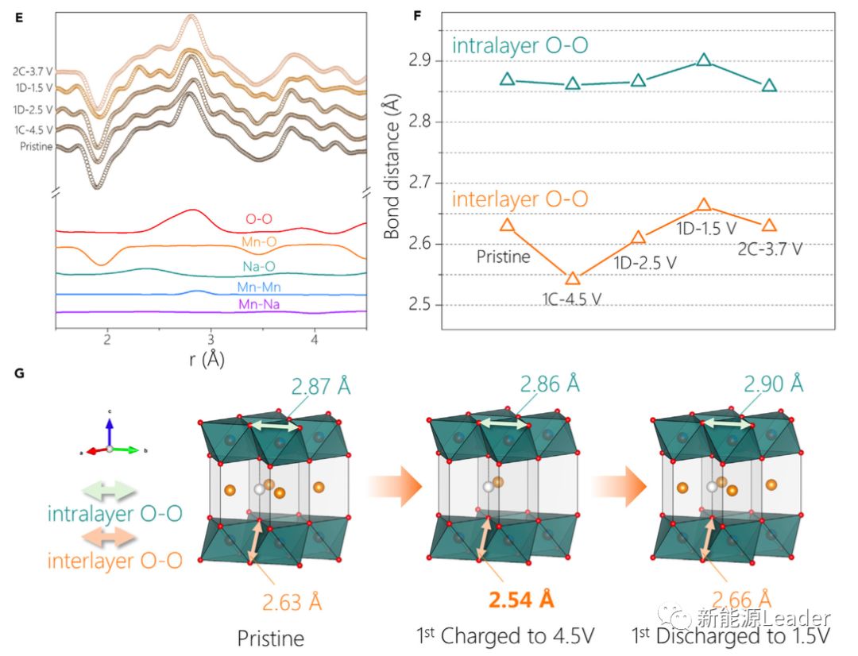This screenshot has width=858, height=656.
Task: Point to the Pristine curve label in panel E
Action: tap(37, 147)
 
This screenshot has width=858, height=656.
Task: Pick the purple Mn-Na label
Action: tap(260, 305)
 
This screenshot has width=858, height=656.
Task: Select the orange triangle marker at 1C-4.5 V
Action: tap(573, 278)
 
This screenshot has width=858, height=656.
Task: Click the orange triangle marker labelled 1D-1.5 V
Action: tap(704, 205)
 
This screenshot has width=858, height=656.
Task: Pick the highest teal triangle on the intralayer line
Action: tap(704, 60)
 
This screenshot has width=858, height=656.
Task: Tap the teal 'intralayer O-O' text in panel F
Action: tap(520, 46)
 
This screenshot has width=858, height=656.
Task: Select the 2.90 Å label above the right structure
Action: tap(773, 385)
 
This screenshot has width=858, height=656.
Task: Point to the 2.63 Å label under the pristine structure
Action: tap(293, 602)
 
